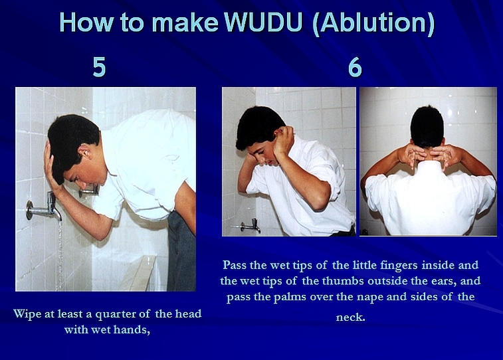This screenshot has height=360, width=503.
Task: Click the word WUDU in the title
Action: (263, 23)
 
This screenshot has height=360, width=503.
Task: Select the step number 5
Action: (99, 67)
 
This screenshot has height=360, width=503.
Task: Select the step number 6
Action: (355, 67)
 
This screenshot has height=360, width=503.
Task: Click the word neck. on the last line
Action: (350, 317)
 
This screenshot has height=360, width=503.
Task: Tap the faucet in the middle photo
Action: (250, 226)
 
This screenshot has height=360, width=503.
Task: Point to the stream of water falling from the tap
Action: (60, 255)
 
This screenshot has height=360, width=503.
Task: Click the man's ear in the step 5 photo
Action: (84, 151)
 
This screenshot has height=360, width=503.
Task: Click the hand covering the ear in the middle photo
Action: (282, 141)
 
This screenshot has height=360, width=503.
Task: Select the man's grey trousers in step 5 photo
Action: (181, 250)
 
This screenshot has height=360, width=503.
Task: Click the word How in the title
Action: (86, 23)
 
